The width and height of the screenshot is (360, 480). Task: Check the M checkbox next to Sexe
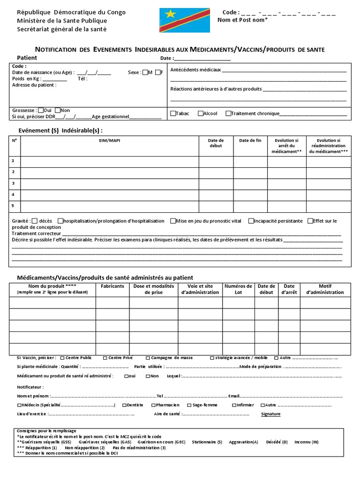click(x=145, y=72)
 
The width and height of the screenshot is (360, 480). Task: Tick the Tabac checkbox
click(x=173, y=113)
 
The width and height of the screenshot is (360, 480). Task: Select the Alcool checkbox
click(x=200, y=113)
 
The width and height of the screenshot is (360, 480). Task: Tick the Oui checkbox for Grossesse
click(x=41, y=110)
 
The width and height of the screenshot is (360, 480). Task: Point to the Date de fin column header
click(x=250, y=140)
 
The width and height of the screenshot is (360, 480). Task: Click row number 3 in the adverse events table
click(x=13, y=183)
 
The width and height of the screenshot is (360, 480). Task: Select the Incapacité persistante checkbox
click(x=251, y=221)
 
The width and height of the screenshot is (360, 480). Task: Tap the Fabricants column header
click(x=112, y=286)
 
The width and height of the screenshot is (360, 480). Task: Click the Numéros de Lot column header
click(x=238, y=289)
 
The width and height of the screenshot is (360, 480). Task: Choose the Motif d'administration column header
click(x=325, y=289)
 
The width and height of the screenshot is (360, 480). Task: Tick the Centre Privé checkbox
click(x=105, y=358)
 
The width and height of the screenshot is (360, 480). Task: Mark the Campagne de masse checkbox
click(x=148, y=358)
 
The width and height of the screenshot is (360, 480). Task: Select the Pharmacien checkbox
click(x=153, y=405)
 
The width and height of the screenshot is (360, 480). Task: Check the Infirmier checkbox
click(x=234, y=405)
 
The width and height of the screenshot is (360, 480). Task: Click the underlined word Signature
click(x=270, y=414)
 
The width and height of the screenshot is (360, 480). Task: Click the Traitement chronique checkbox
click(x=228, y=113)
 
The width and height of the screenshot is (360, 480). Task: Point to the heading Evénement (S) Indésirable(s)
click(x=60, y=130)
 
